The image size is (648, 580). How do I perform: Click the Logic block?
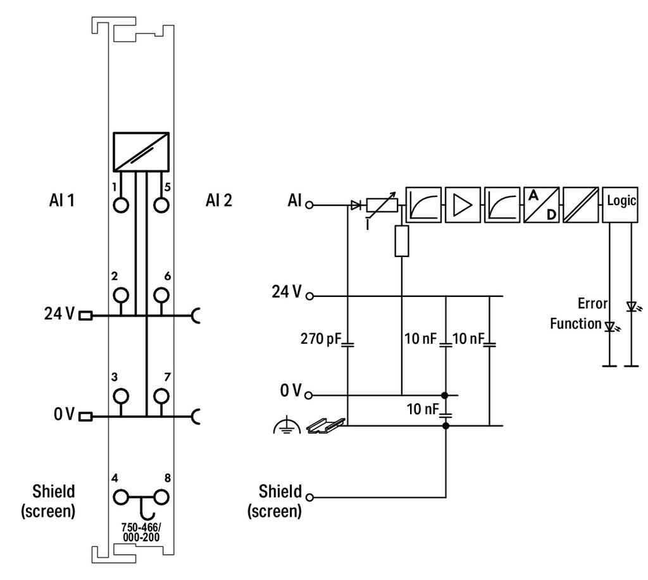click(x=620, y=205)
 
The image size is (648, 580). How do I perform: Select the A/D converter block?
click(x=542, y=205)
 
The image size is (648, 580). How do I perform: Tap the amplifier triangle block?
click(x=463, y=205)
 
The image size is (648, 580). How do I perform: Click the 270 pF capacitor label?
click(x=321, y=339)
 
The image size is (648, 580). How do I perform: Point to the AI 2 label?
click(x=219, y=201)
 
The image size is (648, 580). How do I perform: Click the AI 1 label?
click(x=62, y=201)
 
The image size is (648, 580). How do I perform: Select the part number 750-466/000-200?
click(x=141, y=533)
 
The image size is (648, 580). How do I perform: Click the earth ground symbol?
click(x=287, y=426)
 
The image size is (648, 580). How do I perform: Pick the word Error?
click(x=592, y=303)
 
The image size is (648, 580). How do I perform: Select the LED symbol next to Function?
click(x=611, y=327)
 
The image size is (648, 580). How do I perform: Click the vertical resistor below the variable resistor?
click(x=402, y=241)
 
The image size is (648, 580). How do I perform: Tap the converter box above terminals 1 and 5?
click(x=141, y=152)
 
